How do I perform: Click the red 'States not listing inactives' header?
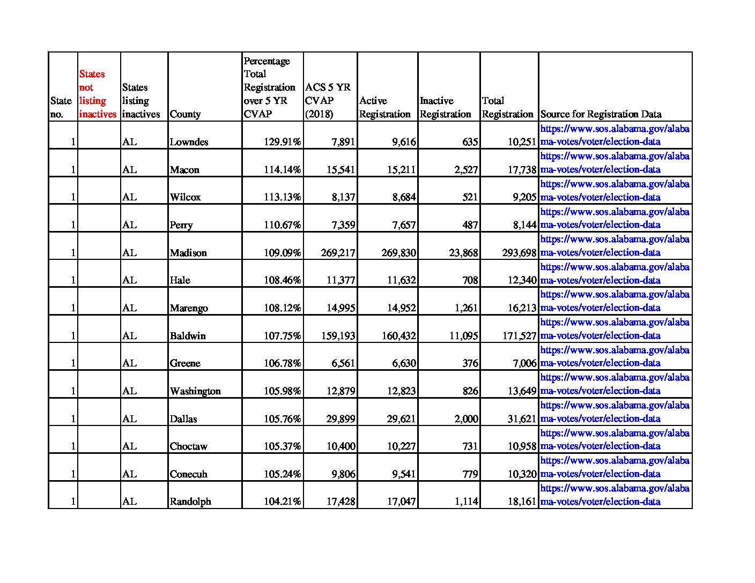pyautogui.click(x=98, y=94)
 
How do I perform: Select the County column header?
pyautogui.click(x=185, y=114)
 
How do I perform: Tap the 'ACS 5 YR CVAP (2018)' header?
pyautogui.click(x=328, y=101)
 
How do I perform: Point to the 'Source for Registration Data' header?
pyautogui.click(x=601, y=114)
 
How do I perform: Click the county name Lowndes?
pyautogui.click(x=189, y=142)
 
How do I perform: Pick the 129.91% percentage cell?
pyautogui.click(x=282, y=142)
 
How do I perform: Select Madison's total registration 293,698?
pyautogui.click(x=519, y=253)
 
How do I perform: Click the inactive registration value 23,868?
pyautogui.click(x=463, y=253)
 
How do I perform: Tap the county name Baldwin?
pyautogui.click(x=188, y=336)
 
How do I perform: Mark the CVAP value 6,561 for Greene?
pyautogui.click(x=343, y=363)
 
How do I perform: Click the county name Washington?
pyautogui.click(x=195, y=391)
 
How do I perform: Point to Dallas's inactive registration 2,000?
pyautogui.click(x=466, y=419)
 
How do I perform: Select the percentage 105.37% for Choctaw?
pyautogui.click(x=282, y=446)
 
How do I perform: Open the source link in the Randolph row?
pyautogui.click(x=615, y=495)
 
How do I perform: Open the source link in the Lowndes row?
pyautogui.click(x=615, y=135)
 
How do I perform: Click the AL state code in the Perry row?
pyautogui.click(x=129, y=225)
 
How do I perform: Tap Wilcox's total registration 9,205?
pyautogui.click(x=524, y=197)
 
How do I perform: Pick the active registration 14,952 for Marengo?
pyautogui.click(x=401, y=308)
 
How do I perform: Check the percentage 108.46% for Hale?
pyautogui.click(x=282, y=280)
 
